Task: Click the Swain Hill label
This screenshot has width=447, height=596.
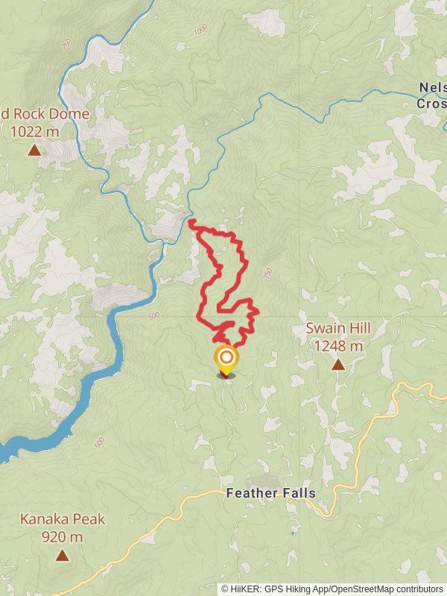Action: (x=337, y=329)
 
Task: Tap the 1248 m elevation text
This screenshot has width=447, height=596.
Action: (x=337, y=346)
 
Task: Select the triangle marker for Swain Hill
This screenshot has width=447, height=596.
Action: (x=338, y=364)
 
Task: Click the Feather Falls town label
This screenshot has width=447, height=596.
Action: (x=270, y=493)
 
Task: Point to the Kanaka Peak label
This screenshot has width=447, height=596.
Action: (x=63, y=519)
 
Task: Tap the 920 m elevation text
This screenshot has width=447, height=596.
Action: (x=63, y=536)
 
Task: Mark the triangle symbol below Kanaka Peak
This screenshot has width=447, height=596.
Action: (x=62, y=555)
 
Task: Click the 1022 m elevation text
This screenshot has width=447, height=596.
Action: (x=34, y=132)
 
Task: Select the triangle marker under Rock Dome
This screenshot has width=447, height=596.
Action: (x=34, y=150)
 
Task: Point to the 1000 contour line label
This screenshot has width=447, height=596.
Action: (x=200, y=31)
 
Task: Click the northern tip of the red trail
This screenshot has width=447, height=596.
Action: (x=191, y=222)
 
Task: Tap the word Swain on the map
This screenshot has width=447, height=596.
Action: (x=323, y=329)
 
